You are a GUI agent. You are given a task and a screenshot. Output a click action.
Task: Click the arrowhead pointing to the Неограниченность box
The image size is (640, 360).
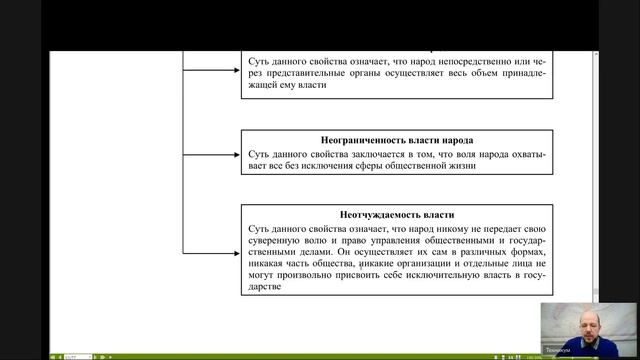point(237,154)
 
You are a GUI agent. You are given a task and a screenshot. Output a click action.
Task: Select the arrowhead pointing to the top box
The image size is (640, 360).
point(237,73)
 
